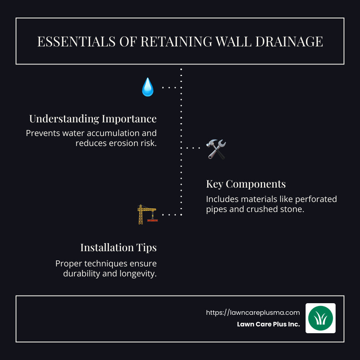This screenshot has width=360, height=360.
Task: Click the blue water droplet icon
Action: point(148,87)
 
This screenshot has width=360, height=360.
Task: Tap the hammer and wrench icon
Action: point(216,149)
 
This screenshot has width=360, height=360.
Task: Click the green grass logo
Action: point(320,318)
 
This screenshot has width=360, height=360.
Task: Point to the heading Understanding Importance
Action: point(93,119)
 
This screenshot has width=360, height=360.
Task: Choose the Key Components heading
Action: point(246,184)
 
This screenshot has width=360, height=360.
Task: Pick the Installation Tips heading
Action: point(118,248)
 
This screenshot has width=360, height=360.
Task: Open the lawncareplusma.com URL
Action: point(253,312)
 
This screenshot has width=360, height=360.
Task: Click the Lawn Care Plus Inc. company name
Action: point(268,324)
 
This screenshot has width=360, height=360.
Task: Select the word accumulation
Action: point(111,133)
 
